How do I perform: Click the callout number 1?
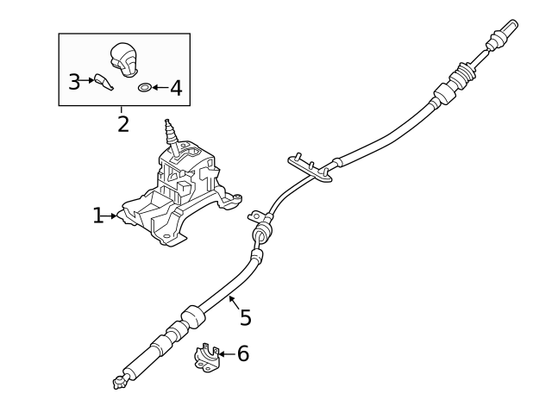coord(97,215)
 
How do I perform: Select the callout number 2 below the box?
coord(122,124)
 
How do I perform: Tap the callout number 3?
coord(74,82)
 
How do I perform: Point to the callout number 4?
coord(175,87)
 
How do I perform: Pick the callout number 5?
coord(246,318)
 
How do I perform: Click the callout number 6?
coord(242,353)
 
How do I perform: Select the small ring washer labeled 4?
coord(145,87)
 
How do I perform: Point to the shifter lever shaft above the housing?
coord(171,136)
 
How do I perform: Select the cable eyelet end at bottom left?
coord(116,382)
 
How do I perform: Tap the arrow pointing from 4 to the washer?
coord(160,87)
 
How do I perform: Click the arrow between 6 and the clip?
coord(225,353)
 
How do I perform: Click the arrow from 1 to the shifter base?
coord(111,215)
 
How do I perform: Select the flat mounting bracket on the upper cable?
coord(311,171)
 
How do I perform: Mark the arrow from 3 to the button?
coord(87,82)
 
